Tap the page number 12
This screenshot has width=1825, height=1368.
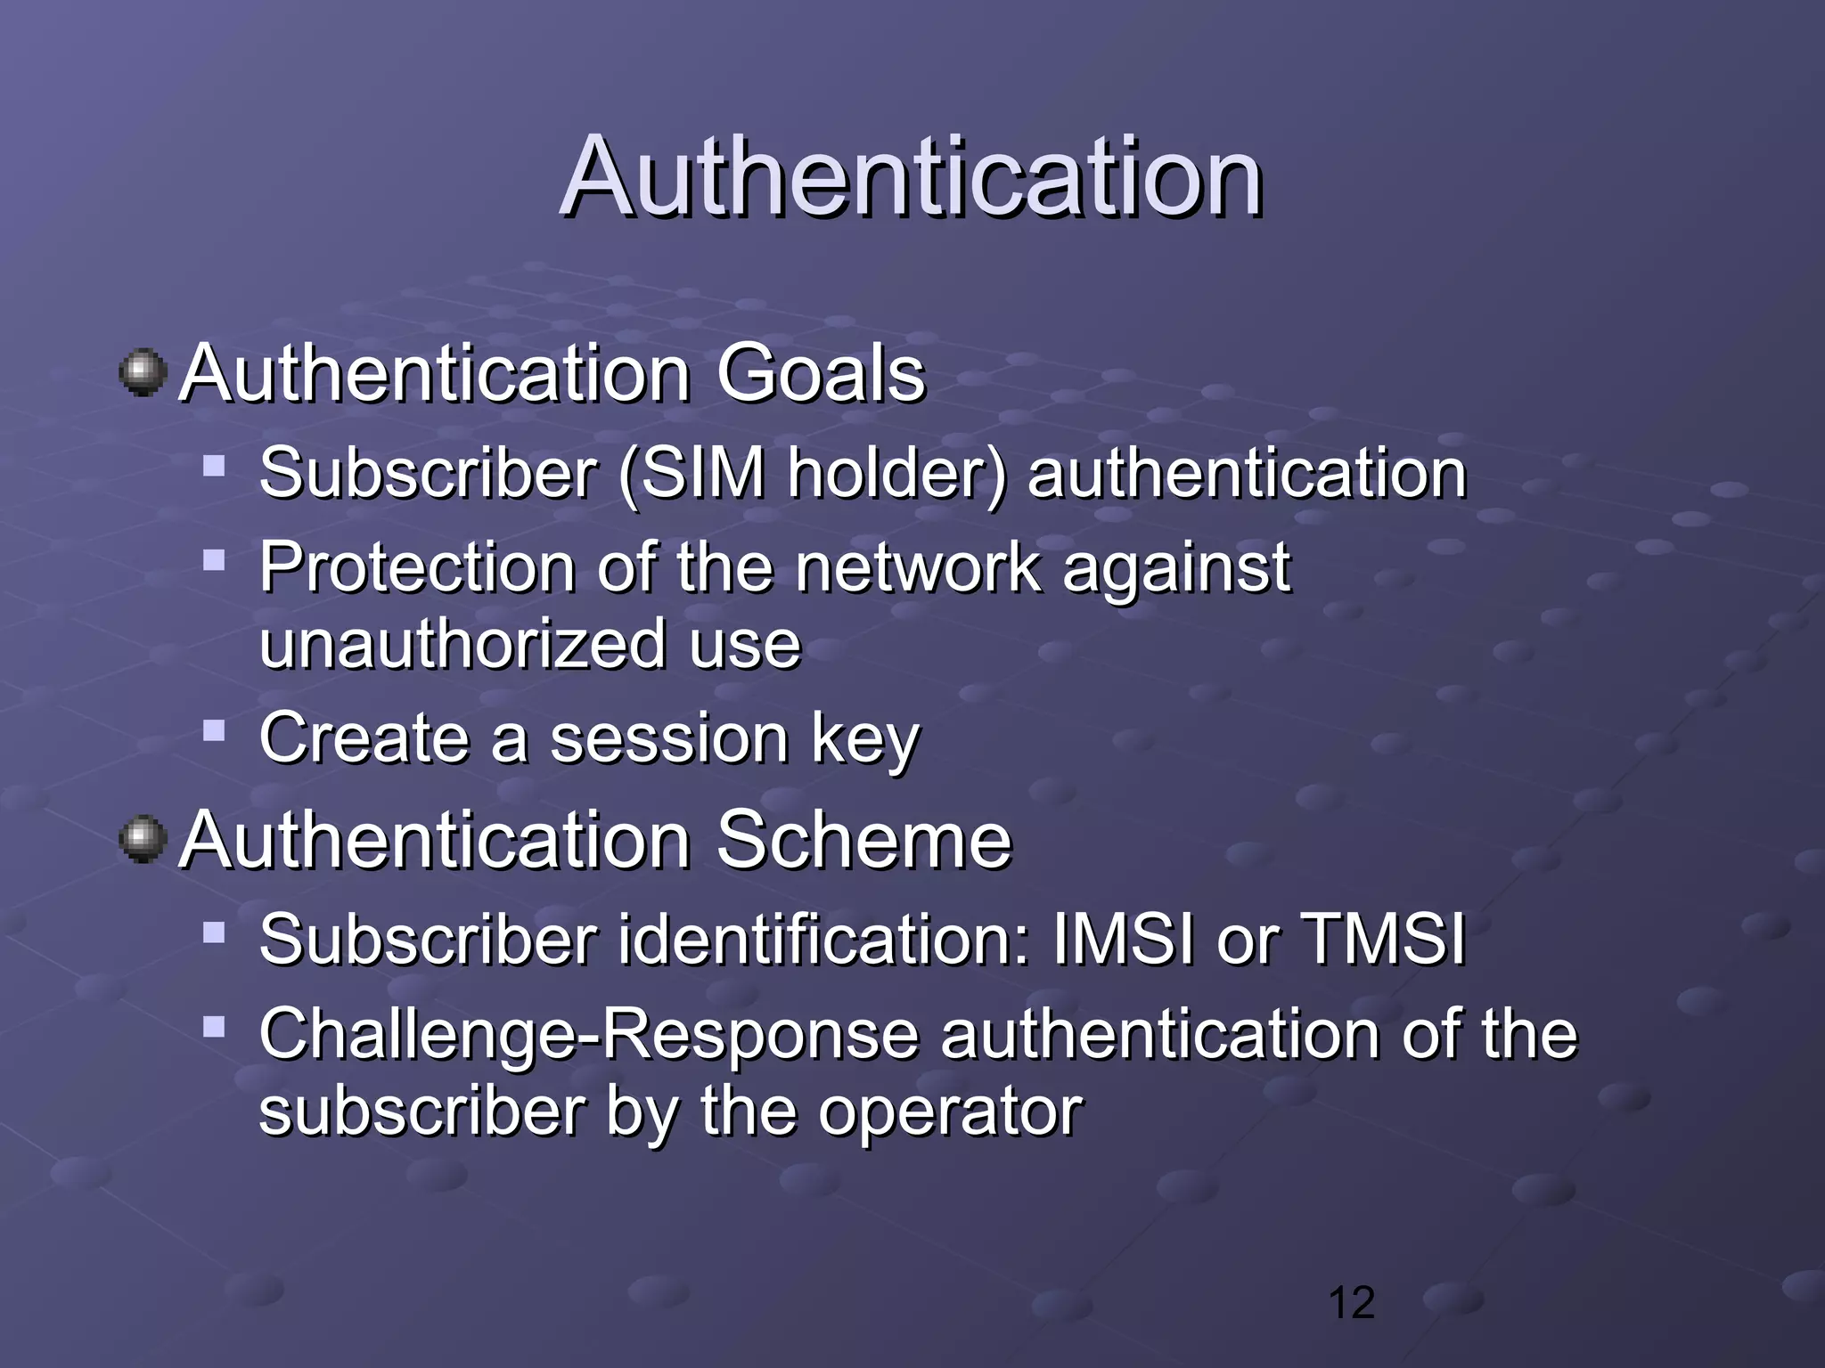pos(1351,1303)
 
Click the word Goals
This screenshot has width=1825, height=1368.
pos(821,373)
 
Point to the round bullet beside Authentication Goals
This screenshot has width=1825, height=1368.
pos(143,372)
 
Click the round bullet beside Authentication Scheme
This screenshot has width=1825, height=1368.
pos(143,840)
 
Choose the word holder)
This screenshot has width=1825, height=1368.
pos(896,473)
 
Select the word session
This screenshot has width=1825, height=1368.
pos(668,738)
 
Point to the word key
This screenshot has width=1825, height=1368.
pos(864,740)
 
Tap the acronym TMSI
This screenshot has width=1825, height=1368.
pos(1383,939)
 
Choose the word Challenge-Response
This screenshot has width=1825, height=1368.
pos(588,1035)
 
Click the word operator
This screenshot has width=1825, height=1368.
pos(950,1112)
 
